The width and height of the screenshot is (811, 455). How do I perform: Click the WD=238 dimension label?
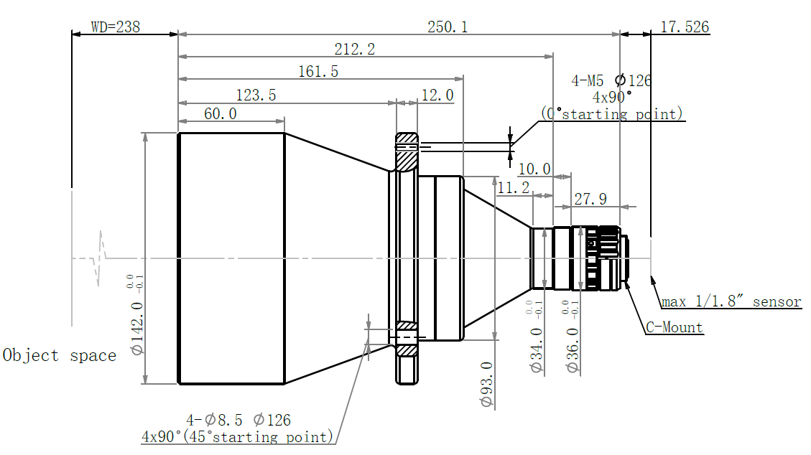tap(116, 27)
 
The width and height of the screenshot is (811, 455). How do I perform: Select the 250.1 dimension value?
tap(448, 27)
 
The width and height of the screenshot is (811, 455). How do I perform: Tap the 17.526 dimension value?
tap(685, 27)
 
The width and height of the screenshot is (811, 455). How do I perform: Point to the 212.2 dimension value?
tap(354, 49)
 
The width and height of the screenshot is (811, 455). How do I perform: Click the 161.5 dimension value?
tap(318, 71)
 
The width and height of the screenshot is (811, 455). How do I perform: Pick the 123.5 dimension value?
tap(256, 95)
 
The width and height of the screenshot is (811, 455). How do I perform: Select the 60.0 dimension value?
tap(221, 113)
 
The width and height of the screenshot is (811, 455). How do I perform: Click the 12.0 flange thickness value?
tap(437, 95)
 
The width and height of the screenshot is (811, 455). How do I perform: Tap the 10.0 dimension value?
tap(534, 169)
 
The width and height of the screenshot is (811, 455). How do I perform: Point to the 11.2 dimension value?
tap(514, 187)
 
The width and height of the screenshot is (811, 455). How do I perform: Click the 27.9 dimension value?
tap(590, 199)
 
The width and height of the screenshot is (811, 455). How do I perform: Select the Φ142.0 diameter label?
tap(137, 329)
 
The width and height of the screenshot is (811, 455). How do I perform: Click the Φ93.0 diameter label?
tap(487, 384)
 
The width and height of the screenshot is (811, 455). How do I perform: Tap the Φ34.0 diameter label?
tap(537, 350)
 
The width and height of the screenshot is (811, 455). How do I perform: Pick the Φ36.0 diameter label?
tap(573, 350)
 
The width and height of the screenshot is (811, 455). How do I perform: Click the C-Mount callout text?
tap(675, 327)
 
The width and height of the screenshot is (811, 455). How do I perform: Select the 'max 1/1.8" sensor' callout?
tap(731, 301)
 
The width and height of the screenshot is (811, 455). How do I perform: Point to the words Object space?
tap(60, 355)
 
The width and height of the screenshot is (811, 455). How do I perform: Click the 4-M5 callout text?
tap(588, 80)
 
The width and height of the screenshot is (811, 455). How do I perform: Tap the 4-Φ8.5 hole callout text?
tap(214, 420)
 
